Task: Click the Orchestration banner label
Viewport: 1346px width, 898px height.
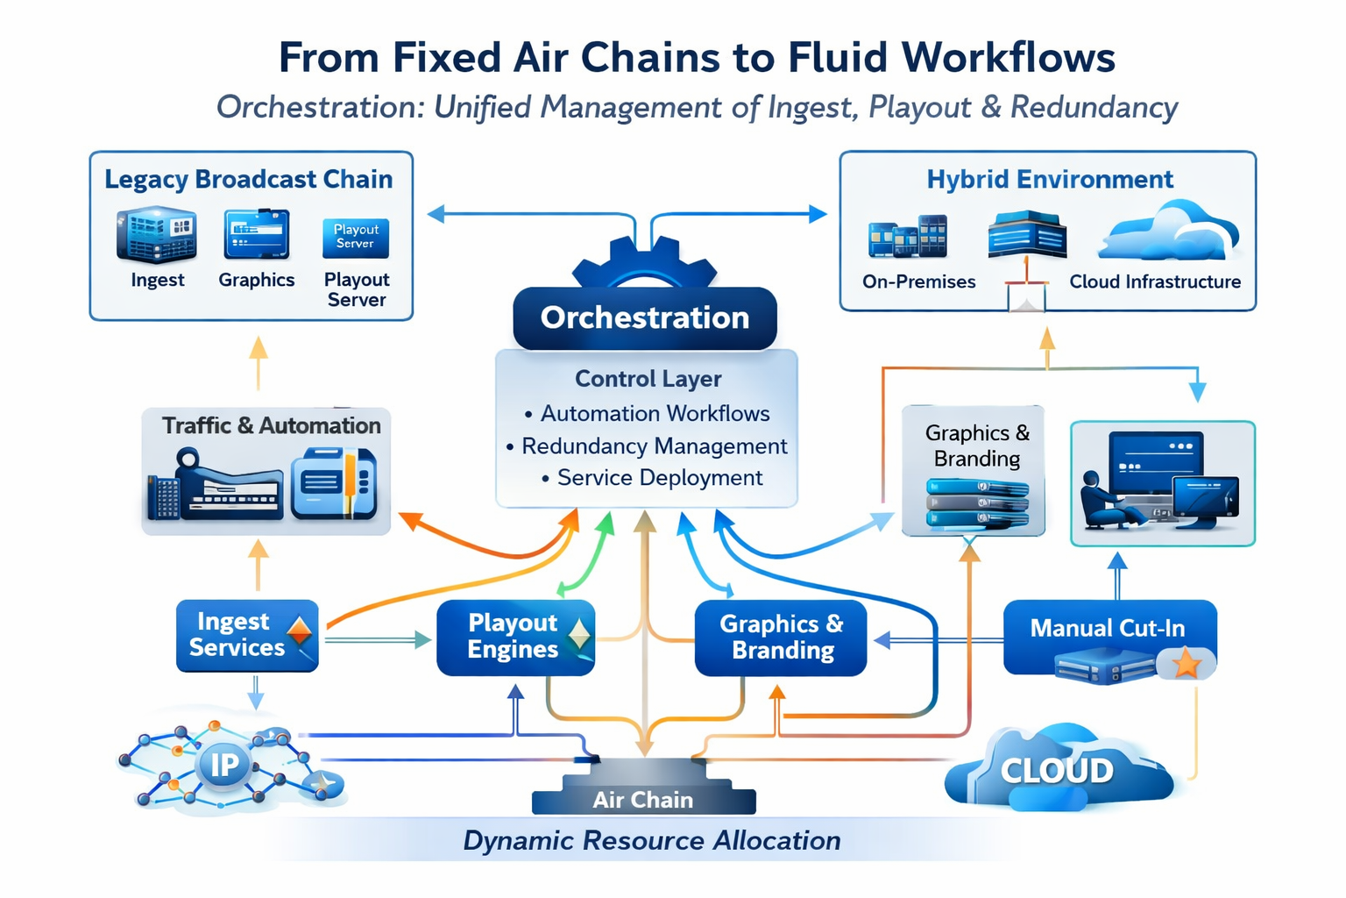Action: [x=645, y=317]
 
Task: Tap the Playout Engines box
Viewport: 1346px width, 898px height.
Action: [x=514, y=638]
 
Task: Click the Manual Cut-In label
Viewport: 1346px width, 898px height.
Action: [x=1107, y=628]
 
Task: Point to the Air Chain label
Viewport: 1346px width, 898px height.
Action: [x=642, y=800]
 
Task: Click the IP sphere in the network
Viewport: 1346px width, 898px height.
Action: [x=224, y=764]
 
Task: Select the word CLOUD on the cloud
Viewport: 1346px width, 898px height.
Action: [x=1057, y=771]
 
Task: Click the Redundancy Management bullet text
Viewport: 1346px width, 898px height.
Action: [x=654, y=446]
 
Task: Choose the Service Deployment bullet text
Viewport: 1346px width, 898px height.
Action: [x=659, y=478]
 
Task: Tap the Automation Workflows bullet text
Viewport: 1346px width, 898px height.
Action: [x=655, y=413]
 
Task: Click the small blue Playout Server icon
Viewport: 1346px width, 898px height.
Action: [x=355, y=237]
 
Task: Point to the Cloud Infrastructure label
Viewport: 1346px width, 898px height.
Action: [x=1154, y=282]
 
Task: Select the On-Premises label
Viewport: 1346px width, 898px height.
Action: [x=918, y=282]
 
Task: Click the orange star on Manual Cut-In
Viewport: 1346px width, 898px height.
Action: [x=1187, y=663]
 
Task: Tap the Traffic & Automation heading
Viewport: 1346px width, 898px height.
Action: [x=271, y=425]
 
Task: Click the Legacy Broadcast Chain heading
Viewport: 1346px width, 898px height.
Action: [x=248, y=179]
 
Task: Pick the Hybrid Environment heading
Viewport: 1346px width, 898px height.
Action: [x=1049, y=179]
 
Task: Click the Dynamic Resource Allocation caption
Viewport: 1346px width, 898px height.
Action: [x=651, y=840]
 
